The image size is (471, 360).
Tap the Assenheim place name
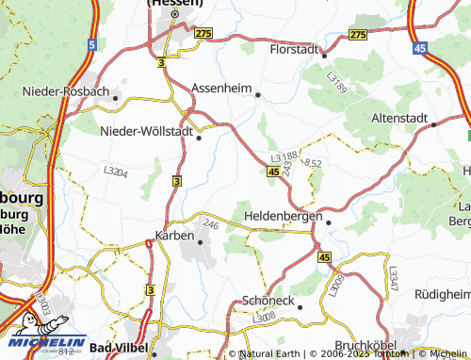(x=222, y=88)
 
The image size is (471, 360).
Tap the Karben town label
(x=175, y=236)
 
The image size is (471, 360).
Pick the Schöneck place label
(x=268, y=301)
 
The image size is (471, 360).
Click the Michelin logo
(x=43, y=344)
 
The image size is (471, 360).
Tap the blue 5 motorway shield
(x=90, y=44)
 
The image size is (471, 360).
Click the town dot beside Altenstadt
(x=434, y=123)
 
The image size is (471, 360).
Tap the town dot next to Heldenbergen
(x=329, y=221)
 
